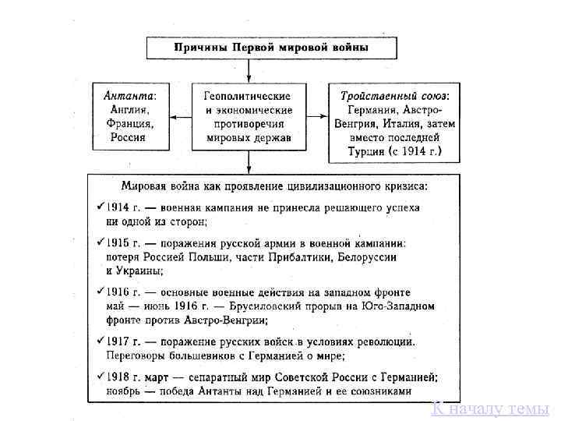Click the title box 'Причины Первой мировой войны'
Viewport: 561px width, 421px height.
[x=270, y=48]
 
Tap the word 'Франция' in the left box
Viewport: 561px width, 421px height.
[x=131, y=123]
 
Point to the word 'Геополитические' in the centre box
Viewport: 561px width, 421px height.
[x=248, y=96]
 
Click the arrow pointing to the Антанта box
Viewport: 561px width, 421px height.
[x=178, y=117]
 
